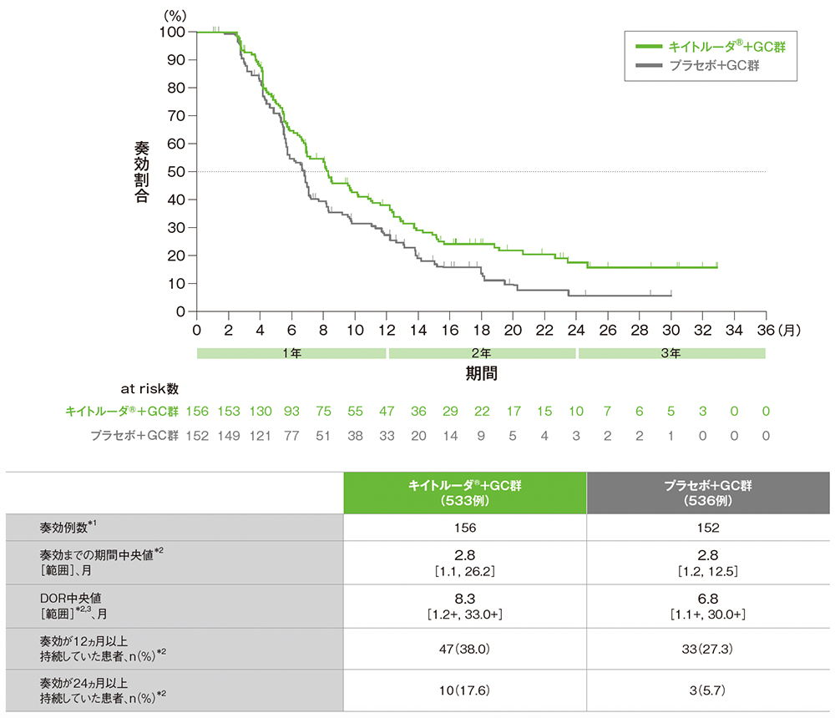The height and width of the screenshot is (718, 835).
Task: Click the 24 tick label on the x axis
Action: [x=576, y=330]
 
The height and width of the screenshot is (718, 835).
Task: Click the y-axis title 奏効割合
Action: [x=141, y=172]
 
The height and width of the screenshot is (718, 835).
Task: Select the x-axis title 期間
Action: [x=482, y=372]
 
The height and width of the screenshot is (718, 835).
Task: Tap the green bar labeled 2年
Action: [x=482, y=353]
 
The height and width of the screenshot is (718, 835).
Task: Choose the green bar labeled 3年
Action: [x=671, y=353]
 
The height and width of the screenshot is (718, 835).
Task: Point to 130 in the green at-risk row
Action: [x=261, y=412]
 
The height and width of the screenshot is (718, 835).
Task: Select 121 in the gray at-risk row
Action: [x=261, y=436]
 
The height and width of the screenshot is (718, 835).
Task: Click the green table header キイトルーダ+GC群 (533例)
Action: [x=465, y=493]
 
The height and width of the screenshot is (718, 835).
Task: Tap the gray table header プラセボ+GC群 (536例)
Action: [x=709, y=493]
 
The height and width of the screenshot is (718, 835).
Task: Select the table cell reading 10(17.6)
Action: [x=465, y=690]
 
